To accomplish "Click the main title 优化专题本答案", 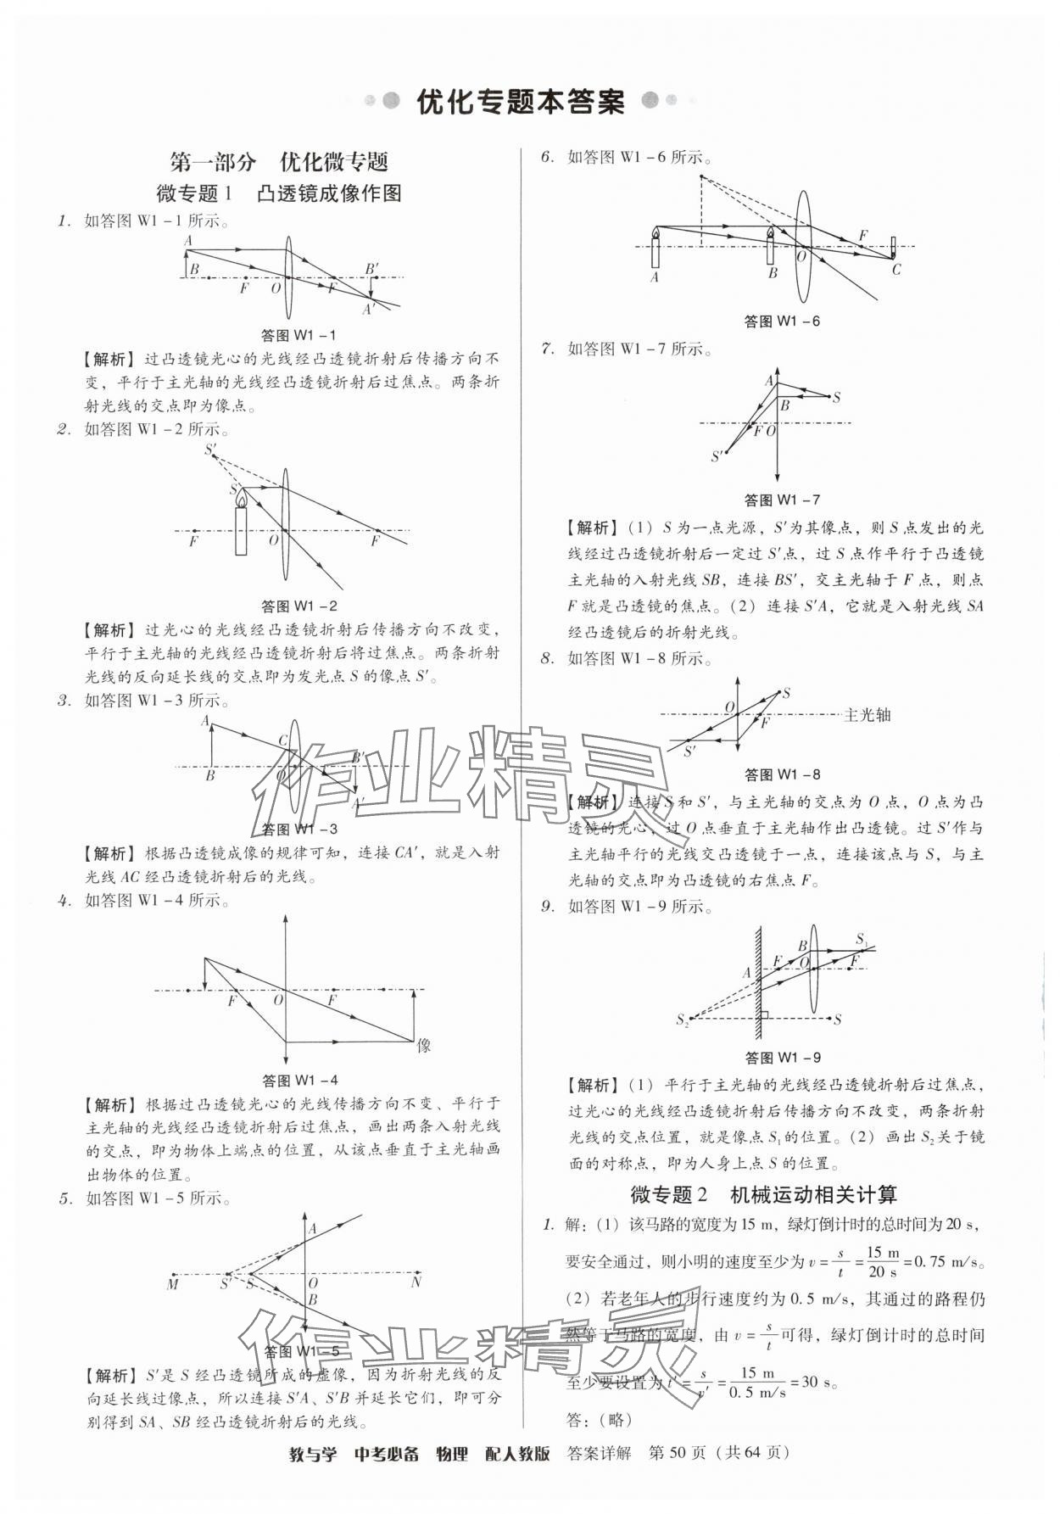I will (x=521, y=102).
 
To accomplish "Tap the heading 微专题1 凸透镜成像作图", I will (x=279, y=194).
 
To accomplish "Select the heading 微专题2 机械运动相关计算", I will (x=763, y=1194).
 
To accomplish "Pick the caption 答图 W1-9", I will (x=782, y=1058).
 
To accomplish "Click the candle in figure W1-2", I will (x=242, y=526).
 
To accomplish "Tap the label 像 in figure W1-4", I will (x=424, y=1046).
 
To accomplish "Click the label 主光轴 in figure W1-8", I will (x=868, y=715).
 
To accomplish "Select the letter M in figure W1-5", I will (x=173, y=1283).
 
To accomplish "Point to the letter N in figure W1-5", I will (x=416, y=1282).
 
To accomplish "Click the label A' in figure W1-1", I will (x=368, y=310).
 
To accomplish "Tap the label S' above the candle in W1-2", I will (x=210, y=450).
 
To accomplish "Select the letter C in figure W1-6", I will (x=896, y=270).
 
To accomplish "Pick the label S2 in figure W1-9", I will (x=683, y=1020).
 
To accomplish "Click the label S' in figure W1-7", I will (x=717, y=456).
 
